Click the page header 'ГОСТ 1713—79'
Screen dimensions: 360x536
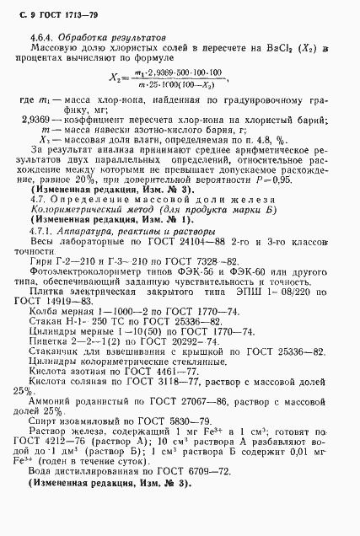60,14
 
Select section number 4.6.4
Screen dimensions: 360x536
41,38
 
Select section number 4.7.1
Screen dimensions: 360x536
41,231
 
